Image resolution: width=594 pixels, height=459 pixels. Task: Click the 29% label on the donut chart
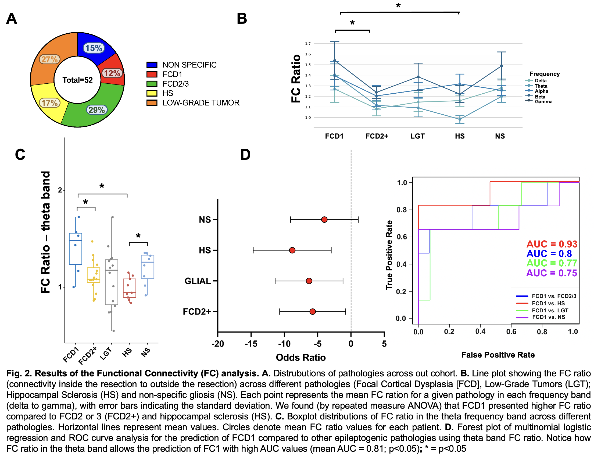(x=97, y=110)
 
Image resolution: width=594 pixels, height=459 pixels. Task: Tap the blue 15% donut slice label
(x=94, y=48)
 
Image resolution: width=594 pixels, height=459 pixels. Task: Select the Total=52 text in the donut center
(x=77, y=80)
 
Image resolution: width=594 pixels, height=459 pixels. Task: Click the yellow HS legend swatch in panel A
(x=152, y=93)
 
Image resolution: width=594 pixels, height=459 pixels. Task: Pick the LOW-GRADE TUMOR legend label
(x=201, y=103)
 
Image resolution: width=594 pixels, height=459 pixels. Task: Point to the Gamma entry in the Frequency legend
(x=543, y=102)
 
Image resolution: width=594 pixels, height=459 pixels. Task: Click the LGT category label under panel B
(x=417, y=136)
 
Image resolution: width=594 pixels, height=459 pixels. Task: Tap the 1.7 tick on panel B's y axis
(x=307, y=44)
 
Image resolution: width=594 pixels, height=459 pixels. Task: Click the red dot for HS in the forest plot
(x=292, y=250)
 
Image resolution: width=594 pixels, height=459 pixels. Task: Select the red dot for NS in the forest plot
(x=324, y=220)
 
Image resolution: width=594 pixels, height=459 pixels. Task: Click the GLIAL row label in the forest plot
(x=198, y=281)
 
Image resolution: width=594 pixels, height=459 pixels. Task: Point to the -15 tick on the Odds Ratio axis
(x=251, y=344)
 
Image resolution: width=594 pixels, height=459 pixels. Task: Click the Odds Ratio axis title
(x=300, y=358)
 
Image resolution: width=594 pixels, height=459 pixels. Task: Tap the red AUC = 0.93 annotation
(x=552, y=244)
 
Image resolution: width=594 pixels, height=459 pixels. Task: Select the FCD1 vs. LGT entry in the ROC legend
(x=550, y=310)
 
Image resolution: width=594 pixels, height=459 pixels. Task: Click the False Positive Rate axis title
(x=498, y=355)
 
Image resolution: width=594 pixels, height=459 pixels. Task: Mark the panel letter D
(x=245, y=155)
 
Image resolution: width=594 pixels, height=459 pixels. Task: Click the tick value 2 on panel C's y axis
(x=60, y=190)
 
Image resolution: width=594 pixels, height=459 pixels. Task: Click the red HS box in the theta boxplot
(x=130, y=288)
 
